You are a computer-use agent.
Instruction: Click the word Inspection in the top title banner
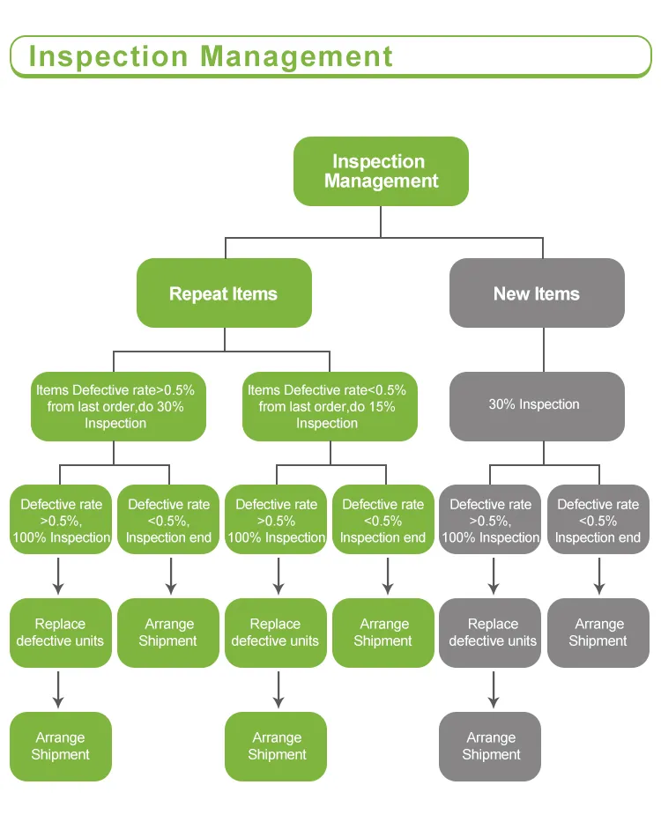click(108, 56)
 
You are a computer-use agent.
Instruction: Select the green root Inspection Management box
click(381, 172)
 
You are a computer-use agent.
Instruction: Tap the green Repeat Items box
click(224, 293)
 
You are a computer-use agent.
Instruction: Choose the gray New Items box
click(537, 293)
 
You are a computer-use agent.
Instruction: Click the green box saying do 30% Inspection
click(118, 406)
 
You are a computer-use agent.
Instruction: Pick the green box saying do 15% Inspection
click(330, 406)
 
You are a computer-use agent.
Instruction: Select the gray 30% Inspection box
click(537, 405)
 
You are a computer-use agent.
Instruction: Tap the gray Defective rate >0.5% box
click(491, 520)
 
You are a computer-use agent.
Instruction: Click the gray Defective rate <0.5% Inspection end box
click(598, 520)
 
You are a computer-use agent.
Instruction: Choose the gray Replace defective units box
click(491, 633)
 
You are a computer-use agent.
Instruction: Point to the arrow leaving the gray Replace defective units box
click(491, 688)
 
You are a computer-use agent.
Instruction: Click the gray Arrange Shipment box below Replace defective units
click(491, 746)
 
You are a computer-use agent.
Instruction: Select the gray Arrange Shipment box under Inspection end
click(598, 633)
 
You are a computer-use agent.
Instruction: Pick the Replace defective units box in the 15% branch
click(276, 633)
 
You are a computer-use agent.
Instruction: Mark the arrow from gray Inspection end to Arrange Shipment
click(598, 575)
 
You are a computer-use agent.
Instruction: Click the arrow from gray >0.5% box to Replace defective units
click(491, 575)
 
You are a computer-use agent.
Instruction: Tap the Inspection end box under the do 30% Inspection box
click(168, 520)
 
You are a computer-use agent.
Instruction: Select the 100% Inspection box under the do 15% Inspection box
click(276, 520)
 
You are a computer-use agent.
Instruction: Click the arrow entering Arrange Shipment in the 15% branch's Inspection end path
click(384, 575)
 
